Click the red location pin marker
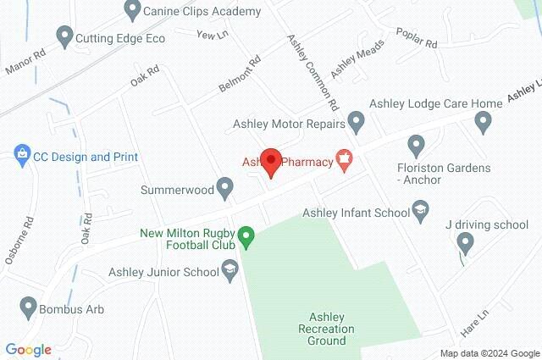point(270,161)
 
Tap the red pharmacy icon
point(345,158)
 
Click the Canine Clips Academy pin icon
point(131,11)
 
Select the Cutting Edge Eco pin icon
point(64,36)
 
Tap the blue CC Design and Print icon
point(22,156)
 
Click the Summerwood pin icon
point(224,187)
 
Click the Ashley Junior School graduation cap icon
point(230,271)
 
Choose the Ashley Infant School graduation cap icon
point(419,211)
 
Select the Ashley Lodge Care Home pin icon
point(483,123)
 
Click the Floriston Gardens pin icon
point(415,147)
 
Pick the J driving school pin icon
point(464,243)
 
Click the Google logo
point(28,349)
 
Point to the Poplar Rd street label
point(418,38)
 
